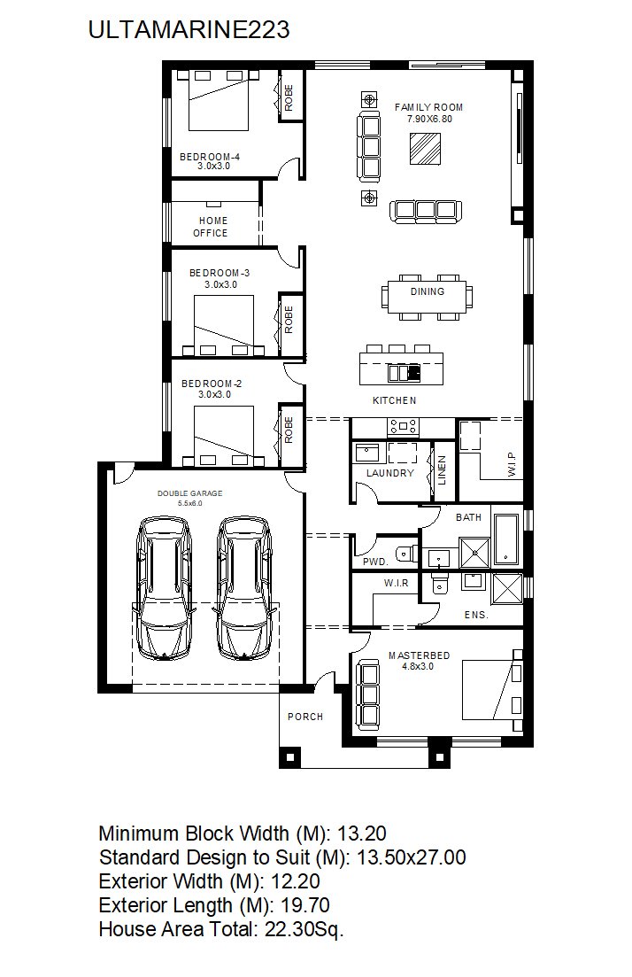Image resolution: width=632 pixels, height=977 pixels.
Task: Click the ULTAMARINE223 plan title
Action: pos(189,30)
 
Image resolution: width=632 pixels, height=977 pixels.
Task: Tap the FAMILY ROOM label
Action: pos(428,107)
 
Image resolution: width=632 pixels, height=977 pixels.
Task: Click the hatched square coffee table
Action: pos(426,149)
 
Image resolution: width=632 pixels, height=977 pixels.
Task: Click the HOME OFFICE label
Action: pos(213,227)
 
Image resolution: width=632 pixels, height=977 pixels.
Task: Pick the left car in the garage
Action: pos(164,587)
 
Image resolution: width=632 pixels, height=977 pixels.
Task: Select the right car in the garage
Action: pos(243,587)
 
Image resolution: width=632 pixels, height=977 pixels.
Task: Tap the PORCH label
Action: pos(305,717)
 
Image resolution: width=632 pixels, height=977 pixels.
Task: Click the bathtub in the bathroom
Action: pos(505,539)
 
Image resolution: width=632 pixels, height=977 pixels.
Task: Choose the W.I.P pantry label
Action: pos(512,464)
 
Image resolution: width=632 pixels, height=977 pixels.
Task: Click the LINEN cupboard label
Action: pos(442,469)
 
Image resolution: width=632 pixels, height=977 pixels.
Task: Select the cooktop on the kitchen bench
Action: pos(404,426)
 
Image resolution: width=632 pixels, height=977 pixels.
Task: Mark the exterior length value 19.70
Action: pos(305,904)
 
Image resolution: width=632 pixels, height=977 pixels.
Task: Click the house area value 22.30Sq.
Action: pos(304,929)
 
